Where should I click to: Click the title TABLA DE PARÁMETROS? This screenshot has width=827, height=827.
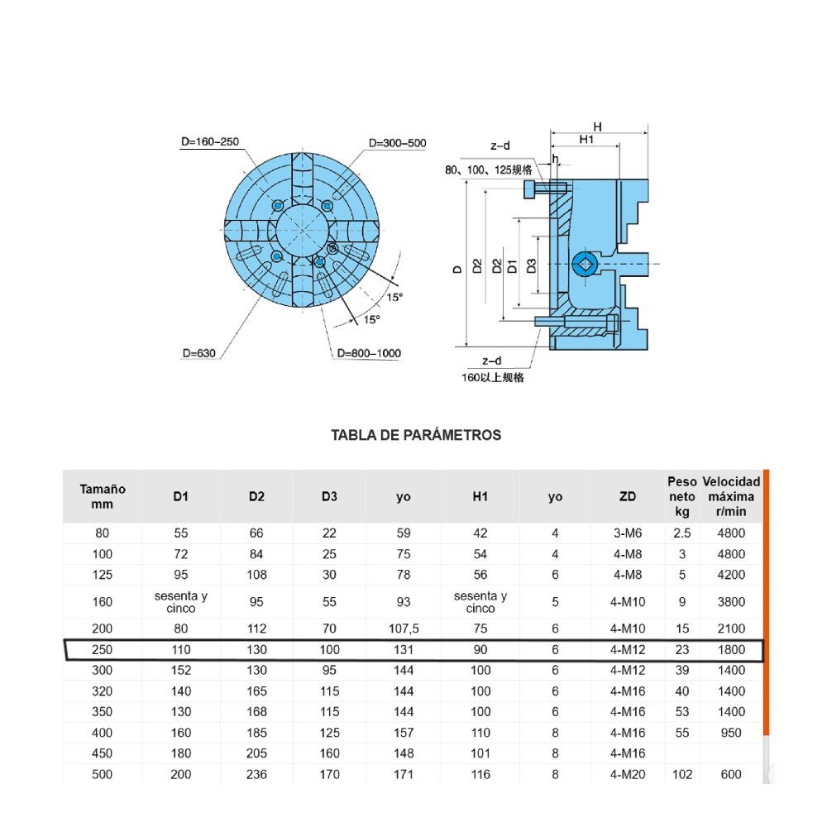416,435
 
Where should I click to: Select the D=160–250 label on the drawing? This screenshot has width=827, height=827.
210,141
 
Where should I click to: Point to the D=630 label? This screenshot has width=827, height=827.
198,353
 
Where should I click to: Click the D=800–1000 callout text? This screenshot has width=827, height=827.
369,353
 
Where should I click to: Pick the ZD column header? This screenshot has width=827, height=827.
627,496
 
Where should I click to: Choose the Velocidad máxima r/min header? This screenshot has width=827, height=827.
731,496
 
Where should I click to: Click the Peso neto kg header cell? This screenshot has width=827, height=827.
682,496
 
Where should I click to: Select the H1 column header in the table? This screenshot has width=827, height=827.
480,496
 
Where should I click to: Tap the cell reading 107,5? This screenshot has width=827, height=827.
404,629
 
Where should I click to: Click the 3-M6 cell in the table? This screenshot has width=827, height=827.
627,533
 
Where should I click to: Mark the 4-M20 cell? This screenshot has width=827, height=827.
627,775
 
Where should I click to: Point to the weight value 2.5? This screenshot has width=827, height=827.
682,533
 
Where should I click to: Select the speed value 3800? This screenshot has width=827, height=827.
731,602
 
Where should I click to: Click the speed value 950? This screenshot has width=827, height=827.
731,733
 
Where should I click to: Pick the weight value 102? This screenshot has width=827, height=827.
682,775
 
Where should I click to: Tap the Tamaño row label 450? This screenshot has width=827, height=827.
103,753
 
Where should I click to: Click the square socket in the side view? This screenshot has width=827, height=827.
584,265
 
